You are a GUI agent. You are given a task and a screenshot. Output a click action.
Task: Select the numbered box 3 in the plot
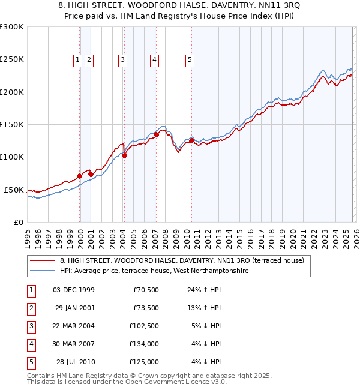[x=122, y=59]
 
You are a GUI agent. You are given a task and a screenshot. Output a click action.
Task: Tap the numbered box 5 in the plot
[x=190, y=59]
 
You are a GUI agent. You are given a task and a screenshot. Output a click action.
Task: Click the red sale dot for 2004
[x=125, y=156]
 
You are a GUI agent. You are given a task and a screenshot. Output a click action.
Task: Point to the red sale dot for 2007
[x=156, y=135]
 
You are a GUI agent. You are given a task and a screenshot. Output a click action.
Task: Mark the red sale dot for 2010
[x=191, y=141]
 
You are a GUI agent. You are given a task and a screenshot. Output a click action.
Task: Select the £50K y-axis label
[x=14, y=190]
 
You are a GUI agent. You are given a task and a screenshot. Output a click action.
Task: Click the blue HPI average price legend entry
[x=154, y=271]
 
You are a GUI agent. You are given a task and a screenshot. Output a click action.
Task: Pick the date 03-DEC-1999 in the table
[x=74, y=290]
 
